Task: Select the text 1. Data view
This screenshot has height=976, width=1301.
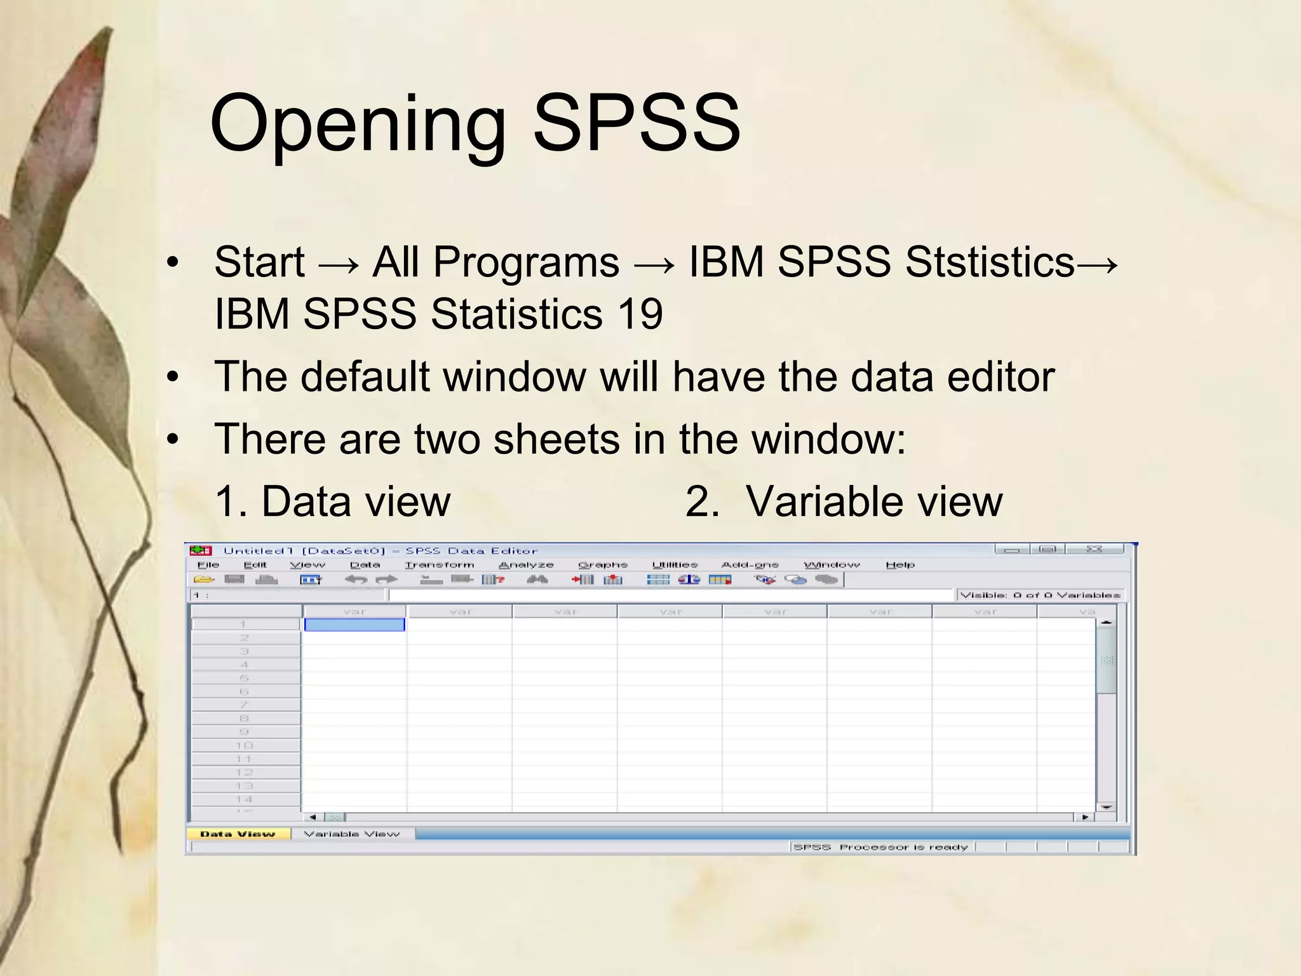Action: pos(332,501)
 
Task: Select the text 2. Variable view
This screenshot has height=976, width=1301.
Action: pos(844,501)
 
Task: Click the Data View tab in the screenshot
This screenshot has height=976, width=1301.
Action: pos(238,834)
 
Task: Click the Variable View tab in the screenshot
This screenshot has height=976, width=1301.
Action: pos(352,834)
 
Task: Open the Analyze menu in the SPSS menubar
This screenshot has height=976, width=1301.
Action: pos(526,564)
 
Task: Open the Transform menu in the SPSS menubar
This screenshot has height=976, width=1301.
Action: pos(440,564)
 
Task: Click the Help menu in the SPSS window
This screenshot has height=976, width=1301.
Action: pos(900,564)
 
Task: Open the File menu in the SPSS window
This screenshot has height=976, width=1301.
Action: pos(208,564)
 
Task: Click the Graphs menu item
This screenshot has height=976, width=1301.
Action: pos(602,564)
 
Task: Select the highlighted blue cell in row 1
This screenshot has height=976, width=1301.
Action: pos(354,625)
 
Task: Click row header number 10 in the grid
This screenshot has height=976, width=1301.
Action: pos(245,745)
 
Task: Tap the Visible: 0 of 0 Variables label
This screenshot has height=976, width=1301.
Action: pos(1040,595)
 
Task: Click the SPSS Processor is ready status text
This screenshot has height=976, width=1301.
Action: pos(881,847)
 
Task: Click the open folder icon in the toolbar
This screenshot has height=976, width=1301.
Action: pos(204,579)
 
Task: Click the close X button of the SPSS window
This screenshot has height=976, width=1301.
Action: pos(1094,549)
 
